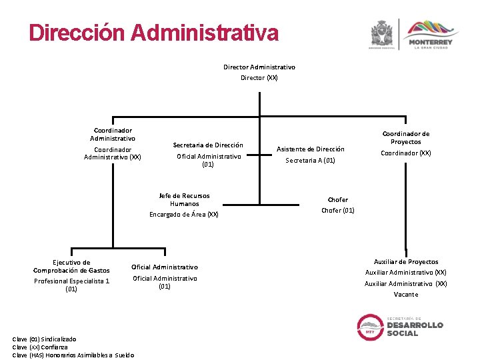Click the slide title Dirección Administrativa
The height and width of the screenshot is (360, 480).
(x=153, y=33)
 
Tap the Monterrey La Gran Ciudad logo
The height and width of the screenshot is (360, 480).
(x=429, y=35)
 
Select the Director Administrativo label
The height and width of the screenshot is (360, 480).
(x=259, y=67)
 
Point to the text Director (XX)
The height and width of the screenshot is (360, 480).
(x=259, y=78)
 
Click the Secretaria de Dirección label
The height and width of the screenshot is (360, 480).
(x=208, y=145)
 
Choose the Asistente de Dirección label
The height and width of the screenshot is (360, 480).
(x=311, y=149)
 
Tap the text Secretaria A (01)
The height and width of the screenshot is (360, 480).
(x=311, y=161)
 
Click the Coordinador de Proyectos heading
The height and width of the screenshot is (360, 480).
(x=406, y=137)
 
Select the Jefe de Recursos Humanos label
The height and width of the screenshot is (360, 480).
(x=184, y=199)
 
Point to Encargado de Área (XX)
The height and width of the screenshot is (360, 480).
(x=184, y=215)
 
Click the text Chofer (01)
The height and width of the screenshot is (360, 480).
(x=338, y=211)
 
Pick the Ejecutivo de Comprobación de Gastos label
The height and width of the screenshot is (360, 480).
(x=71, y=266)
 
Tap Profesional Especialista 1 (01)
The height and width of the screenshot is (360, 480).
(x=71, y=285)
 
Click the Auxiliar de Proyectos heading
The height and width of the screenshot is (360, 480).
(x=406, y=262)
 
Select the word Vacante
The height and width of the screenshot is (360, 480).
(x=406, y=295)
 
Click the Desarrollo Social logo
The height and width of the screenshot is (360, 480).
(x=401, y=325)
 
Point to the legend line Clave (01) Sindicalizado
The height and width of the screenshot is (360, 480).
(x=44, y=339)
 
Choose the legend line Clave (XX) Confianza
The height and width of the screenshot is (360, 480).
(x=40, y=347)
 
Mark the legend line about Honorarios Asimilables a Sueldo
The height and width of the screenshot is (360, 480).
(x=73, y=355)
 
